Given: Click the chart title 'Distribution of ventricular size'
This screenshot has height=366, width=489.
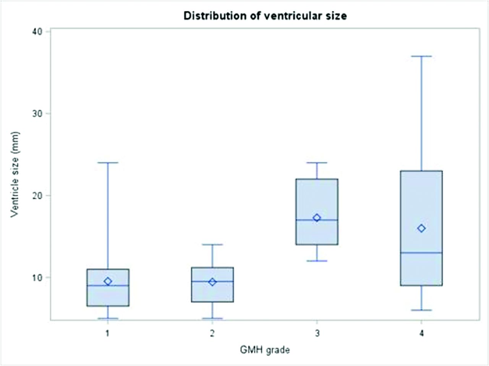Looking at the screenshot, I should click(265, 16).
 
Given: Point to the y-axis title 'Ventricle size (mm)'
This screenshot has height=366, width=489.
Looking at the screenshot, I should click(15, 174).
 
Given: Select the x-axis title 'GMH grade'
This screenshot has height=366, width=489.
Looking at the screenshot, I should click(265, 350).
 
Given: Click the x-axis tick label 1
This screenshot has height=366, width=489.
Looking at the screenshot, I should click(108, 333).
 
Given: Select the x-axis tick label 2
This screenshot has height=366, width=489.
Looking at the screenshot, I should click(212, 333).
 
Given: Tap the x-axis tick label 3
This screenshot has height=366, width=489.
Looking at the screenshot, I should click(317, 333).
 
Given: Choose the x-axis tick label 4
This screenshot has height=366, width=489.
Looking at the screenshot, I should click(422, 333).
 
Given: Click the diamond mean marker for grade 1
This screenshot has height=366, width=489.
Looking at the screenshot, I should click(108, 281).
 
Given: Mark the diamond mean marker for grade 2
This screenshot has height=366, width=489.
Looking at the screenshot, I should click(212, 282).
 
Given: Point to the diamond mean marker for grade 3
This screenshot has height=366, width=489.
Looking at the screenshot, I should click(317, 218).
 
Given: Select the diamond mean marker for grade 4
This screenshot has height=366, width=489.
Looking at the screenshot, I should click(422, 228).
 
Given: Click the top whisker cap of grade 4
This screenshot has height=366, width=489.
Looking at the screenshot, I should click(422, 56).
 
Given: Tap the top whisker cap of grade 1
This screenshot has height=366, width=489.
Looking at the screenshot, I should click(108, 163).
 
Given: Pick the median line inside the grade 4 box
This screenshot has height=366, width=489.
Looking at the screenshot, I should click(422, 253).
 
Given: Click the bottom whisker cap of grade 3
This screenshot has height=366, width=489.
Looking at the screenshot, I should click(317, 261).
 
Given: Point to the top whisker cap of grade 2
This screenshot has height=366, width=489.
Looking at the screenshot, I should click(212, 245).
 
